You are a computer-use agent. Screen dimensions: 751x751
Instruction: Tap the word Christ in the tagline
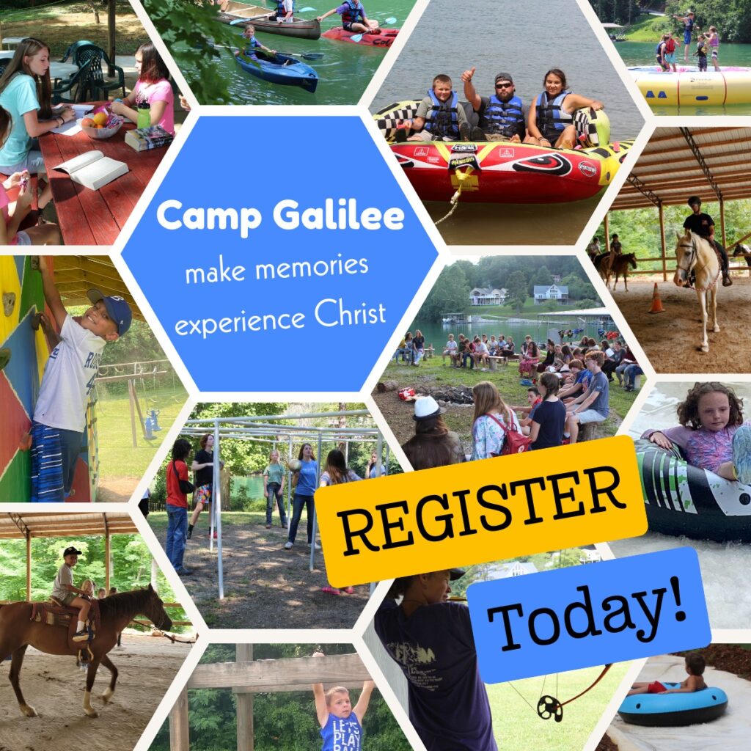350,314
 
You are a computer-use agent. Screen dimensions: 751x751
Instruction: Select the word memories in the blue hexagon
312,266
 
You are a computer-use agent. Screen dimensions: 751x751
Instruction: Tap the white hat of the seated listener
428,408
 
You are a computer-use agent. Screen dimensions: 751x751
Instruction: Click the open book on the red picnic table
91,169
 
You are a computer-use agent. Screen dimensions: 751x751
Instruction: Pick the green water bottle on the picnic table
143,115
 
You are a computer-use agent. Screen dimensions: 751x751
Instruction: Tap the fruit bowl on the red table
101,125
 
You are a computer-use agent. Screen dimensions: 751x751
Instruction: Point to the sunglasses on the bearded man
503,85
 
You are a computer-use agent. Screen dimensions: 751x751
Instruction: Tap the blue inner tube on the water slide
673,705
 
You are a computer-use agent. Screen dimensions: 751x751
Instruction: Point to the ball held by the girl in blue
295,466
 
